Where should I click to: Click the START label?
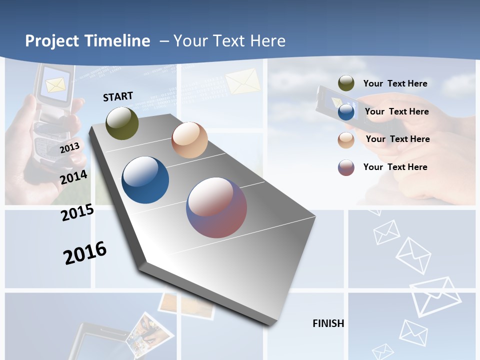(118, 96)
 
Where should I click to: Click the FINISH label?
(328, 323)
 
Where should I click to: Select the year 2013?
(70, 147)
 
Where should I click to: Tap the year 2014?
(74, 177)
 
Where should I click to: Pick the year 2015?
(77, 212)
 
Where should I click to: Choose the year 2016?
(85, 252)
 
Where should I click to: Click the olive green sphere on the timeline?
(122, 123)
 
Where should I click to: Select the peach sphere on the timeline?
(189, 140)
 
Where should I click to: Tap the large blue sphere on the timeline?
(145, 180)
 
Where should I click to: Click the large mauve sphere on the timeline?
(216, 207)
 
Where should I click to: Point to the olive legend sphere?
(346, 83)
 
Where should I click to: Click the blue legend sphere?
(346, 112)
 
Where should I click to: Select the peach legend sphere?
(346, 139)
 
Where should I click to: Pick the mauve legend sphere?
(346, 167)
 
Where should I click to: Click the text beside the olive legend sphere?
(395, 83)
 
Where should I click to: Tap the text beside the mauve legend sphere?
(395, 167)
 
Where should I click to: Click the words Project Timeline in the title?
(87, 41)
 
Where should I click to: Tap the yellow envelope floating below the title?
(242, 81)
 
